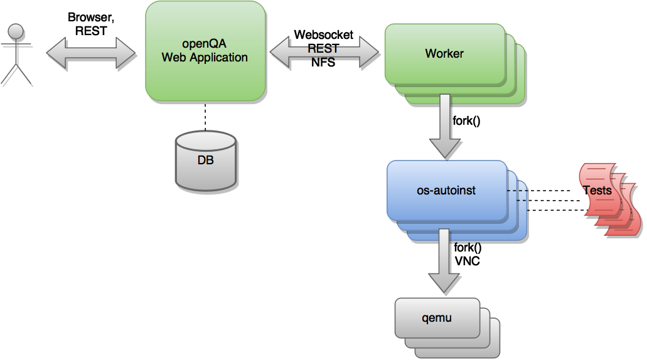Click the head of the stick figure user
[x=16, y=30]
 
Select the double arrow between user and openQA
[x=91, y=51]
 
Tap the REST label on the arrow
[x=323, y=49]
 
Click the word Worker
[x=444, y=54]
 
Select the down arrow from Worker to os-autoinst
[x=444, y=125]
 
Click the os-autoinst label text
[x=446, y=190]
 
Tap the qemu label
[x=437, y=317]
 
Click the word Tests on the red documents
[x=597, y=190]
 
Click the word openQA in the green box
[x=204, y=45]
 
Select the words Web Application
[x=205, y=58]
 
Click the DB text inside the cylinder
[x=205, y=161]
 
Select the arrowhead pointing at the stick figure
[x=56, y=51]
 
